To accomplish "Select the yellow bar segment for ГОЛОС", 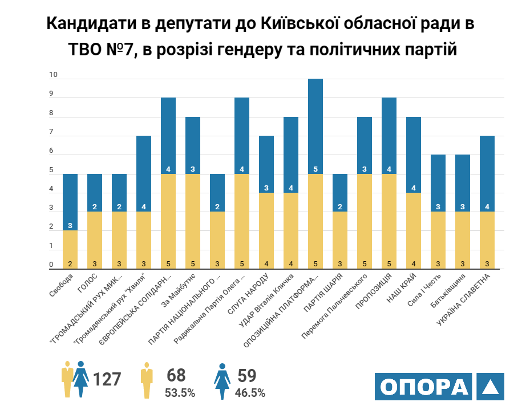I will (x=95, y=240).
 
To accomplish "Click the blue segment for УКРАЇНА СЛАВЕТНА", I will (x=487, y=171).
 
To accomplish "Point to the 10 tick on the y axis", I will (x=54, y=75).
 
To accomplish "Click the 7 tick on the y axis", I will (x=51, y=132).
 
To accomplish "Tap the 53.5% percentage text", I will (x=180, y=393).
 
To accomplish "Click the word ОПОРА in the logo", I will (x=422, y=387).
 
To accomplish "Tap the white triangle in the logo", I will (x=490, y=387).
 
